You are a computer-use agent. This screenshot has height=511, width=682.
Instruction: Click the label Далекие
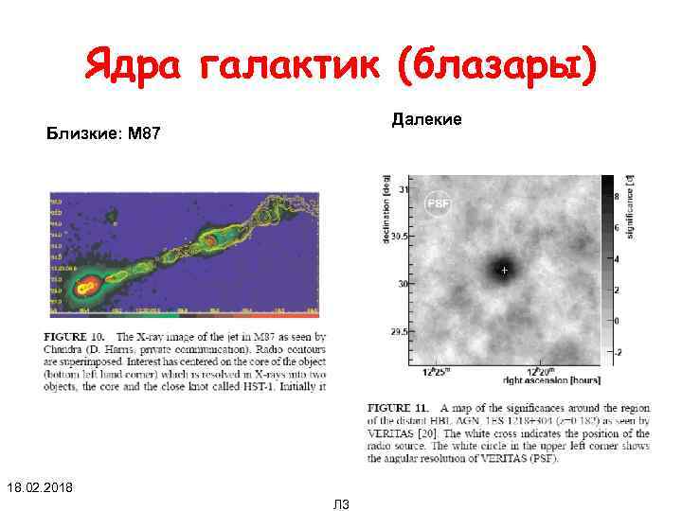pyautogui.click(x=426, y=119)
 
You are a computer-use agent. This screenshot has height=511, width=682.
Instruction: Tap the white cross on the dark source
pyautogui.click(x=504, y=271)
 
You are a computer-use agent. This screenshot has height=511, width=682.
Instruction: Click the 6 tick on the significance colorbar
pyautogui.click(x=618, y=228)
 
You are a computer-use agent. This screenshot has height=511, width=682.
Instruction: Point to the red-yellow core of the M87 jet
pyautogui.click(x=88, y=284)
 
